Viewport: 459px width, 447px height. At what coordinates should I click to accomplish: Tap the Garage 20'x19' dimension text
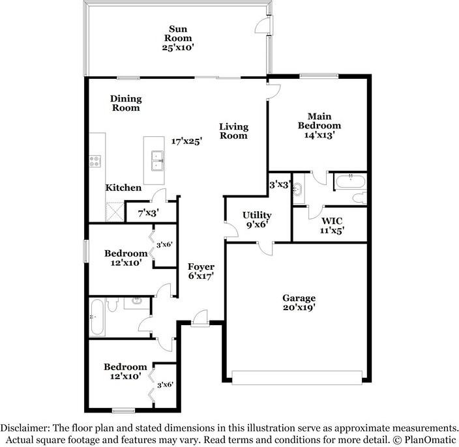point(299,308)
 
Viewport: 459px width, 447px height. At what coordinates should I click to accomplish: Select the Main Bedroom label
point(319,121)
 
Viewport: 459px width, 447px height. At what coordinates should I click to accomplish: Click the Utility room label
point(256,215)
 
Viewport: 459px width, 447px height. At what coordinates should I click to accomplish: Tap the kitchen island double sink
point(157,159)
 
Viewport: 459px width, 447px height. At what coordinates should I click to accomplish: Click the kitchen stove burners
point(96,160)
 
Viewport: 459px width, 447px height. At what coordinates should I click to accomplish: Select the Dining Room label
point(125,103)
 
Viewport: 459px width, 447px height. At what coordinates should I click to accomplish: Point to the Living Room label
point(233,131)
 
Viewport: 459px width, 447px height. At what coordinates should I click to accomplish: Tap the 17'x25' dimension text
point(186,141)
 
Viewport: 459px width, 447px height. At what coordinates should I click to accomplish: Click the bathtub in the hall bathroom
point(96,317)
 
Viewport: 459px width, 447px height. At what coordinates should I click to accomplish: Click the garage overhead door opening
point(297,377)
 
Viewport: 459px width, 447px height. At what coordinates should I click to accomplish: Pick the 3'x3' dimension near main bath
point(280,184)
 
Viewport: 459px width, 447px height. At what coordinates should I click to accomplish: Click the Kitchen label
point(124,188)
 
